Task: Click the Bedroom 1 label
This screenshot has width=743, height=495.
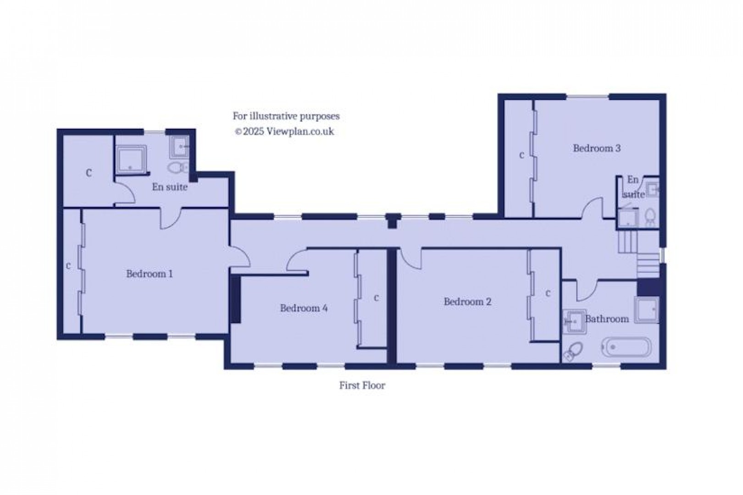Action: [150, 274]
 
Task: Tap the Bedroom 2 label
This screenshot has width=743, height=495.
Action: [467, 302]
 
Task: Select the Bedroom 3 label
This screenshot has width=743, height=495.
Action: [597, 148]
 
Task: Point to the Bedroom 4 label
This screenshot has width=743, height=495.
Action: [304, 308]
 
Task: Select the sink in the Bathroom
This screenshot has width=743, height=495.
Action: [572, 321]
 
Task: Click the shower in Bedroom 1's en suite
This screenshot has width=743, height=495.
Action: [131, 160]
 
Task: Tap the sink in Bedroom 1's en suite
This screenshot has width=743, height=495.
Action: [181, 147]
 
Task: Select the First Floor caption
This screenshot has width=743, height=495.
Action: [362, 385]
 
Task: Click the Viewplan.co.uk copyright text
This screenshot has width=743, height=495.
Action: [284, 132]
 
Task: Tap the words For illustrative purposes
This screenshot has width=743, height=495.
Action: [286, 116]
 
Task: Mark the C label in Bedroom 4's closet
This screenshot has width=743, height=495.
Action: [376, 298]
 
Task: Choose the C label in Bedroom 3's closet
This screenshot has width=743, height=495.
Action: [521, 155]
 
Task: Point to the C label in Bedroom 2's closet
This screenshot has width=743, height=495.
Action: [548, 293]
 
